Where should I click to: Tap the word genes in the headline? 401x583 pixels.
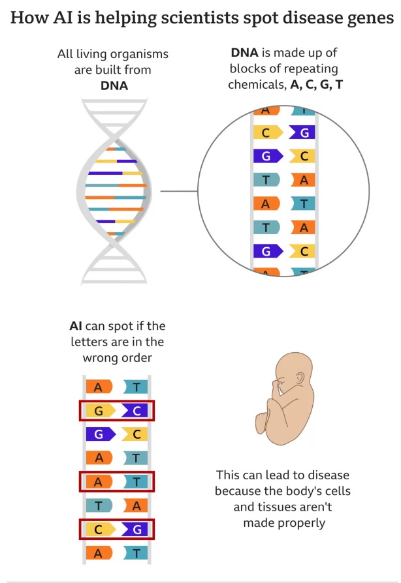[366, 18]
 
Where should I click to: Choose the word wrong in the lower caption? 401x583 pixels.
[98, 358]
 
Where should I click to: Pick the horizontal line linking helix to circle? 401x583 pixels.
[179, 191]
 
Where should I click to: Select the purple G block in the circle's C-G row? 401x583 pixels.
[302, 133]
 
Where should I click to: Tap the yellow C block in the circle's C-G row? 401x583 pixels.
[266, 133]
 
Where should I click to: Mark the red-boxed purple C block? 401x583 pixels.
[135, 411]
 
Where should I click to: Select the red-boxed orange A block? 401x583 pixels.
[99, 482]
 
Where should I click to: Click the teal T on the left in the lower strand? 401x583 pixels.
[99, 505]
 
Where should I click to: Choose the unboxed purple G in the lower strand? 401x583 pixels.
[99, 434]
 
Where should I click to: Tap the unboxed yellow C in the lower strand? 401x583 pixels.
[136, 434]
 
